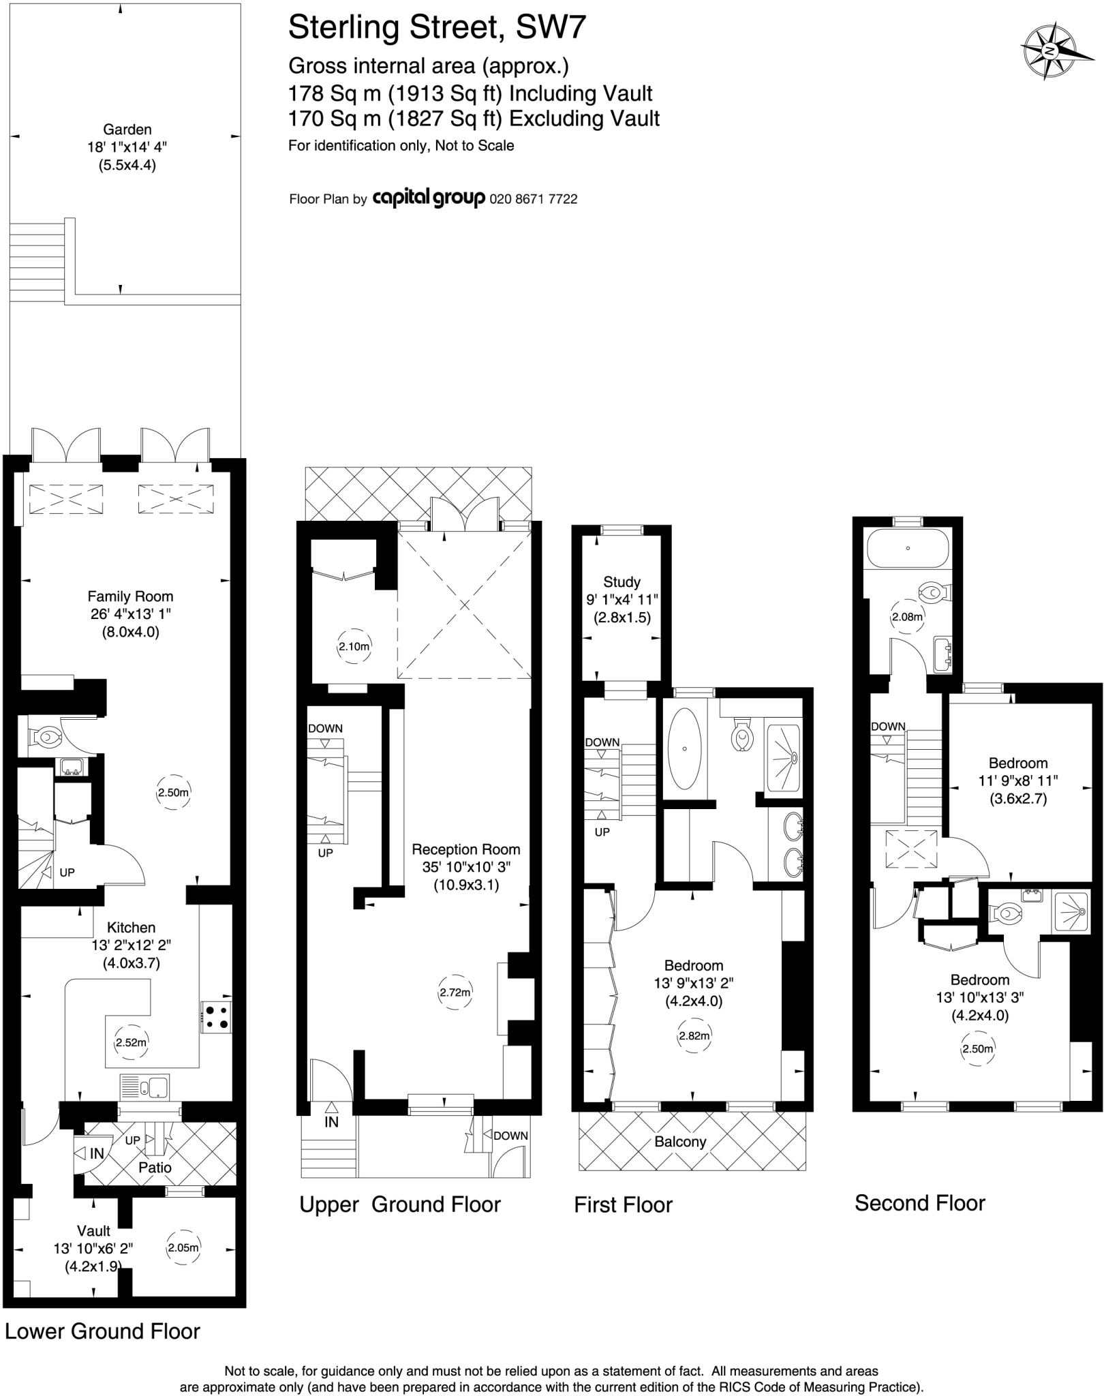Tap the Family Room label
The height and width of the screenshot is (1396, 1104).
click(x=130, y=596)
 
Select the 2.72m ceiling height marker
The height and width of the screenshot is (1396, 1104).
click(x=455, y=992)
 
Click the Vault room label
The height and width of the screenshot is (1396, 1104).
click(x=93, y=1231)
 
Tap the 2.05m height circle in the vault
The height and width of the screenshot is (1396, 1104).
click(x=183, y=1248)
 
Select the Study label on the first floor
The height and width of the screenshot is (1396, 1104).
click(x=622, y=582)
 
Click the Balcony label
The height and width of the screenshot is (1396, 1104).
click(x=679, y=1142)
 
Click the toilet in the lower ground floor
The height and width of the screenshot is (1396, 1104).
click(x=46, y=736)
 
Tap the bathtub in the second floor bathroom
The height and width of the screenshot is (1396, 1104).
click(x=907, y=548)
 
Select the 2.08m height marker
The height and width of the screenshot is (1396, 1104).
click(x=907, y=618)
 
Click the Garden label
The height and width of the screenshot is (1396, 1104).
click(x=127, y=130)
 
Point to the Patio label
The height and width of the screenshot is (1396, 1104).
click(x=155, y=1168)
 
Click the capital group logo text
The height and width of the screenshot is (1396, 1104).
click(x=429, y=198)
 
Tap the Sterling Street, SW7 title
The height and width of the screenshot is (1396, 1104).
click(x=437, y=29)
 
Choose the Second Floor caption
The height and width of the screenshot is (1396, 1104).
click(x=919, y=1203)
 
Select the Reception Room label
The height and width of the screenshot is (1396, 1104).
click(x=465, y=849)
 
